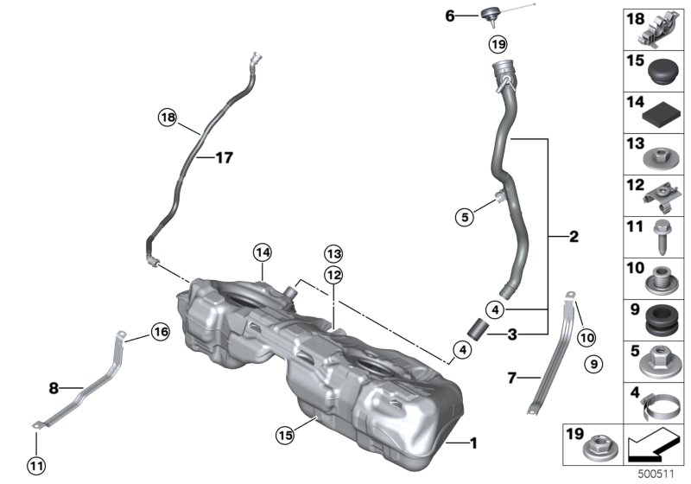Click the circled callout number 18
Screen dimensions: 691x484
click(168, 118)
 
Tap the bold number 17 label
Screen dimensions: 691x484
click(224, 157)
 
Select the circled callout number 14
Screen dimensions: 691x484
click(263, 252)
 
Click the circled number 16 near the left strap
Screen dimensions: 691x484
click(161, 331)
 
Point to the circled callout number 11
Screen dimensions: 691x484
click(36, 466)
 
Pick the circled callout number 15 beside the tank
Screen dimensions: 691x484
click(285, 435)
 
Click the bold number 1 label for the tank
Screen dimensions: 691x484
click(473, 443)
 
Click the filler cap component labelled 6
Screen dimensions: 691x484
click(489, 16)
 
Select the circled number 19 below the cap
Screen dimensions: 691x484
click(498, 44)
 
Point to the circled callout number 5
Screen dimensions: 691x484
click(465, 217)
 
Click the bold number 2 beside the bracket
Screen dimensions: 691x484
click(574, 237)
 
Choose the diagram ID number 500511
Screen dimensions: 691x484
click(656, 474)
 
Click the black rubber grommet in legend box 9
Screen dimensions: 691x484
click(662, 321)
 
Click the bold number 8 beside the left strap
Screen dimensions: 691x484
click(54, 388)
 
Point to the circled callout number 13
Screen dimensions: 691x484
click(333, 254)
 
